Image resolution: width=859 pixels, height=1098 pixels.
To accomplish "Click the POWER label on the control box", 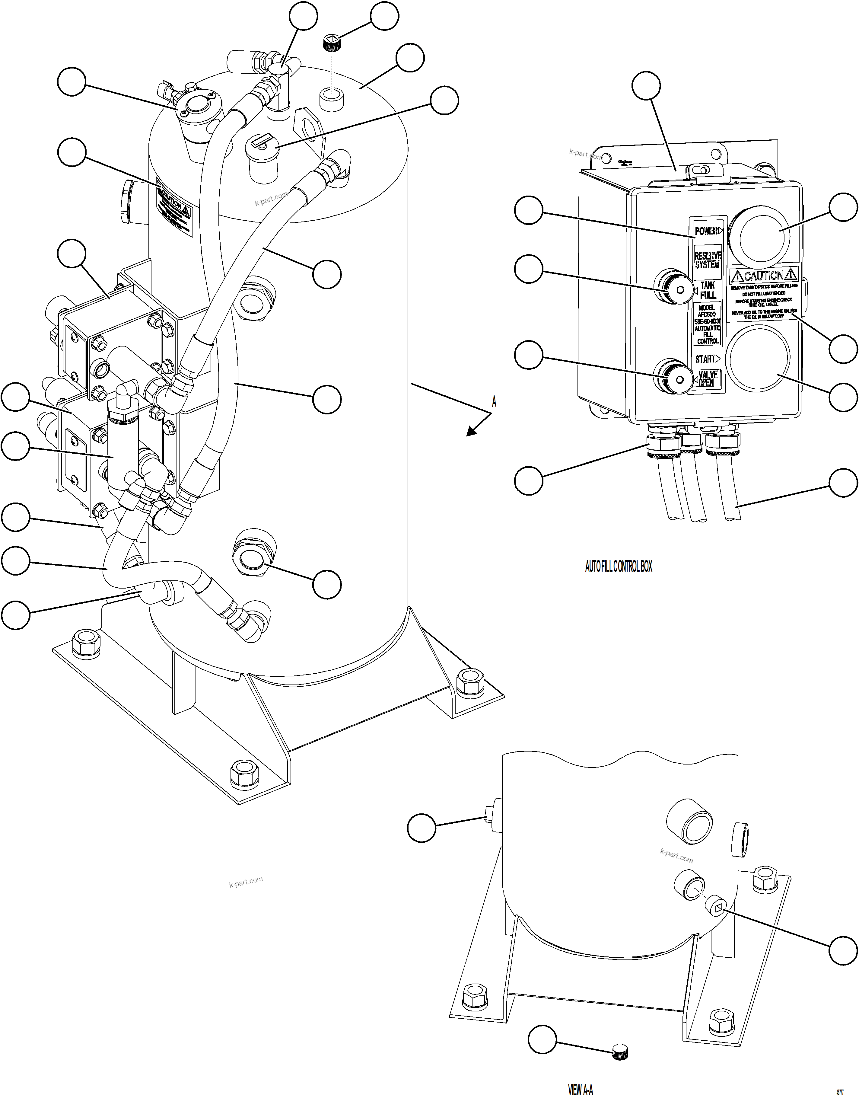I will [x=706, y=231].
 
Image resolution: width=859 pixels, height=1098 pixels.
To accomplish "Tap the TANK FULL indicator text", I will [x=708, y=290].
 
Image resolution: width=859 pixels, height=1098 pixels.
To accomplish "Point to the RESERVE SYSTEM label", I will [x=707, y=260].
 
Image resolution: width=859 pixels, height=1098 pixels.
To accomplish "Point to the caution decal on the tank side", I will [x=174, y=211].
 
